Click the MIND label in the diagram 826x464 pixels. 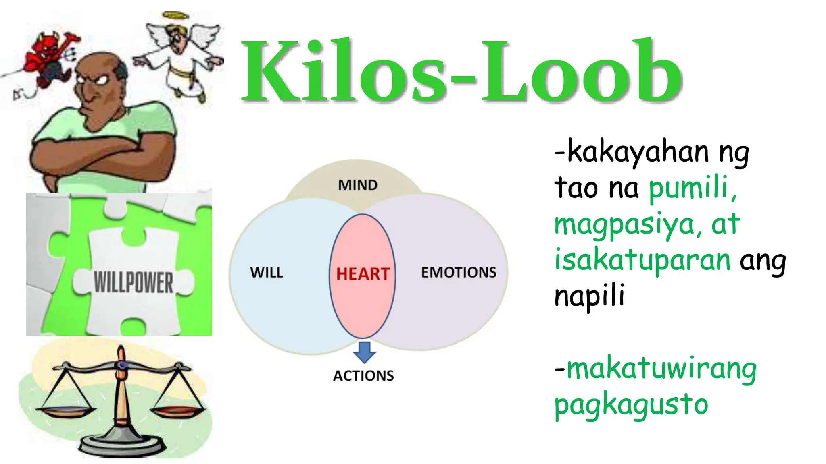click(358, 185)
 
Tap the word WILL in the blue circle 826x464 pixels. click(267, 273)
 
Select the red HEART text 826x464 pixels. click(363, 274)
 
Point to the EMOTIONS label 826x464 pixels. click(459, 273)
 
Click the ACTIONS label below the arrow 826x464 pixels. click(363, 376)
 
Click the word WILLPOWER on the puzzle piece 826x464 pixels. click(133, 282)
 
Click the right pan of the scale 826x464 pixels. click(177, 411)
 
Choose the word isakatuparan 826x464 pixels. click(642, 261)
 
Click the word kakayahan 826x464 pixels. click(638, 153)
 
